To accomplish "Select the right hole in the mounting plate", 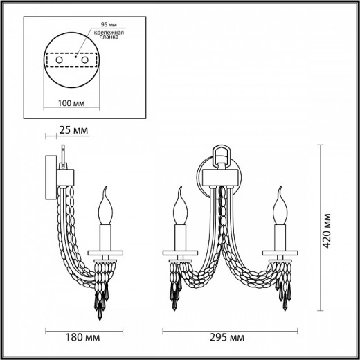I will [85, 62].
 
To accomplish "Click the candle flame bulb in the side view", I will [107, 205].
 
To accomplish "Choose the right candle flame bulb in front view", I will [282, 205].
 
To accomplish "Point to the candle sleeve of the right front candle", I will [282, 235].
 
